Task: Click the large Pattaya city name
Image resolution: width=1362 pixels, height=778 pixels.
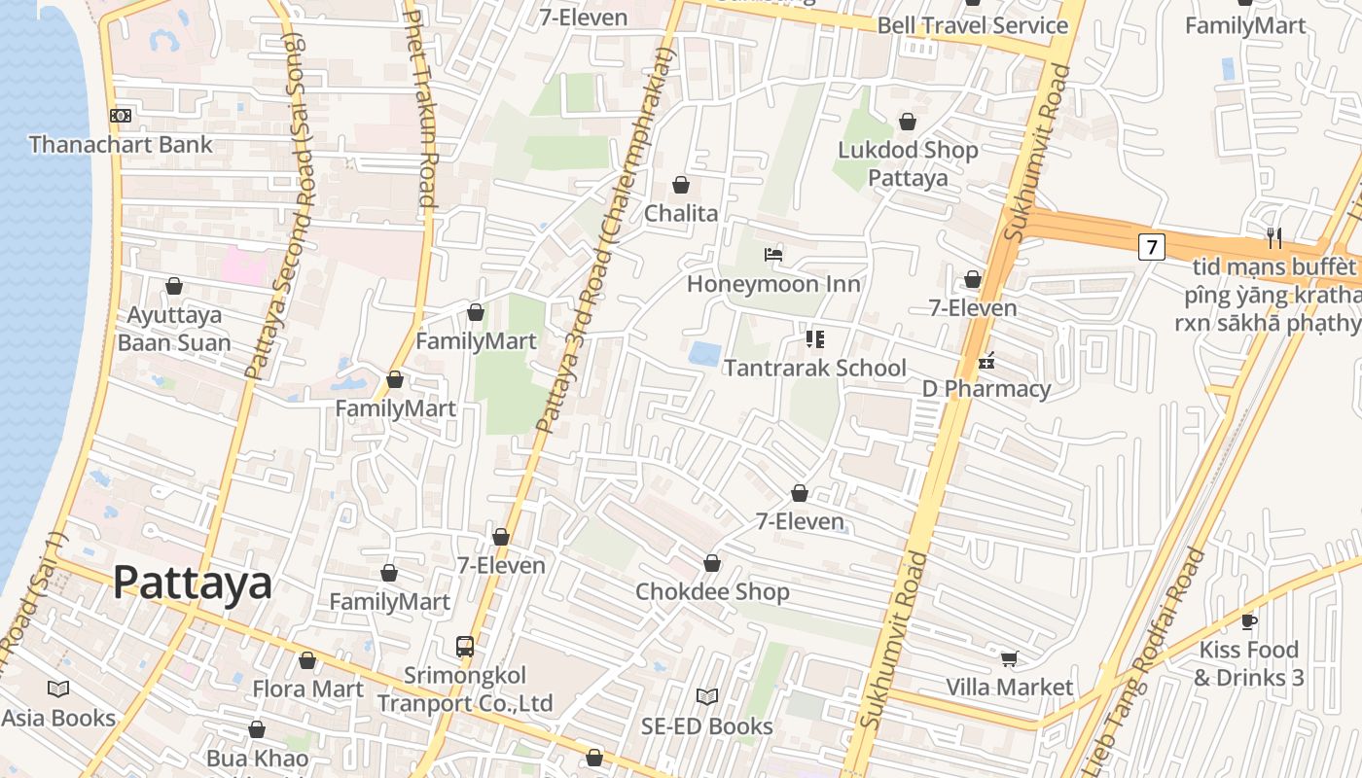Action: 192,583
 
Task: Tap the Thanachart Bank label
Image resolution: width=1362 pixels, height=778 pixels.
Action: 121,145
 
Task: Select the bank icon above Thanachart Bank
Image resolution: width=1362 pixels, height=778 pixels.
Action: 121,116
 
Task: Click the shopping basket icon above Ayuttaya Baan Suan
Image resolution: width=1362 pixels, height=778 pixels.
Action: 174,286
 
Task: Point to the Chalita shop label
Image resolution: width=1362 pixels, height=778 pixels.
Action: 681,214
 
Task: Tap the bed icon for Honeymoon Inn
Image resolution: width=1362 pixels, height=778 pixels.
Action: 773,256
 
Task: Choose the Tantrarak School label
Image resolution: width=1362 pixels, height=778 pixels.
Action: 814,368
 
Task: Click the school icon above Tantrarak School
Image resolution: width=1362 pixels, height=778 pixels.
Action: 814,339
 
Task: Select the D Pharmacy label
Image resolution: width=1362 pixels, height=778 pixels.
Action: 986,389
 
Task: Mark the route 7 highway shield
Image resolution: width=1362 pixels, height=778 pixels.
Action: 1151,247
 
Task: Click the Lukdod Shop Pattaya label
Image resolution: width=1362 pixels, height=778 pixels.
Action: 908,163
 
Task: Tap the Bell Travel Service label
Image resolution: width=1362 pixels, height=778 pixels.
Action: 973,25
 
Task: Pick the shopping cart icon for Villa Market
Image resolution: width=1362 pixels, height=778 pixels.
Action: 1009,658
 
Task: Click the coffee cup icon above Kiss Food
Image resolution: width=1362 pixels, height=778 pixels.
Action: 1248,621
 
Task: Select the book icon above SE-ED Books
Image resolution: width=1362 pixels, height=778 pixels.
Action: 707,696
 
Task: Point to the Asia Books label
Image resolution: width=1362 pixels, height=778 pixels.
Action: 58,718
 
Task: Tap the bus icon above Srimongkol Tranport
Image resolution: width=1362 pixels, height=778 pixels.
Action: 465,646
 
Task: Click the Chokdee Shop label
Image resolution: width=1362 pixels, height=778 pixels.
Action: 712,591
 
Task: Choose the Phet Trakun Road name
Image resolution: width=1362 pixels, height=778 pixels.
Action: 420,107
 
